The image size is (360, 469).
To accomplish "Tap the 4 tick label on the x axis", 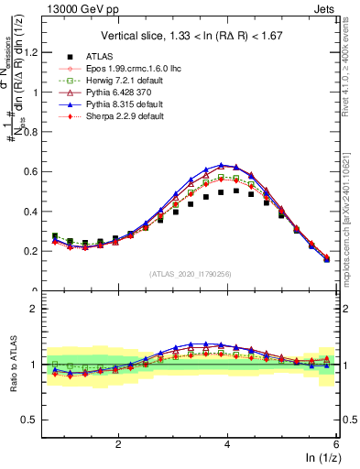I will point(227,443).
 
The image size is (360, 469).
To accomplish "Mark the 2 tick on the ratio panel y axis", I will point(35,309).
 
